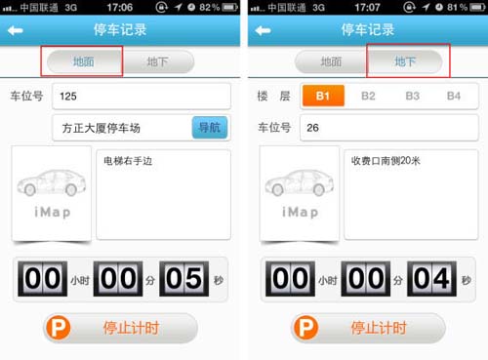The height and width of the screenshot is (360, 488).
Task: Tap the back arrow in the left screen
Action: pyautogui.click(x=16, y=30)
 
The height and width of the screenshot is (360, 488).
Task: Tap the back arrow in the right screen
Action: pyautogui.click(x=263, y=30)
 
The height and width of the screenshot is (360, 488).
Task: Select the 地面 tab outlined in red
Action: pyautogui.click(x=84, y=61)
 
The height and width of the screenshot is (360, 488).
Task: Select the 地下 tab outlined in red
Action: pyautogui.click(x=405, y=61)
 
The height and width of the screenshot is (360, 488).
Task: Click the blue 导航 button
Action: pyautogui.click(x=210, y=128)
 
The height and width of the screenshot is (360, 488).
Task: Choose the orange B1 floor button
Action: pyautogui.click(x=323, y=96)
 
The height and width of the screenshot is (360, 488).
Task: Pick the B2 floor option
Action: pyautogui.click(x=368, y=96)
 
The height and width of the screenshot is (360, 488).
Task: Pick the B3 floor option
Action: pyautogui.click(x=413, y=96)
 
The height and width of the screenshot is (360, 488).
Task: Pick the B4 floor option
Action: pyautogui.click(x=454, y=96)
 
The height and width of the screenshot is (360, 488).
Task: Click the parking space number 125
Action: pyautogui.click(x=68, y=97)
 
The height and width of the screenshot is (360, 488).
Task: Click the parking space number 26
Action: pyautogui.click(x=312, y=128)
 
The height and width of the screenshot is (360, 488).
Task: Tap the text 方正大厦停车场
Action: pyautogui.click(x=102, y=128)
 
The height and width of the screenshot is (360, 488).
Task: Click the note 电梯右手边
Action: pyautogui.click(x=128, y=161)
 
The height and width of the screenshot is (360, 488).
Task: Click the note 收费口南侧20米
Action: pyautogui.click(x=386, y=161)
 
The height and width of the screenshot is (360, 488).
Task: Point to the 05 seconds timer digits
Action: pyautogui.click(x=183, y=279)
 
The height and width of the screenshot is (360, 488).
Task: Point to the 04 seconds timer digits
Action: pyautogui.click(x=431, y=279)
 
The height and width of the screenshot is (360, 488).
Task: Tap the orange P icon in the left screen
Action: pyautogui.click(x=59, y=328)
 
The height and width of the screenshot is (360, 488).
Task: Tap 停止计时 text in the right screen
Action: pyautogui.click(x=379, y=328)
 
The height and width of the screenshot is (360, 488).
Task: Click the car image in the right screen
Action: pyautogui.click(x=300, y=183)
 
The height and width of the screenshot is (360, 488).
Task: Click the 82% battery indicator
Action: pyautogui.click(x=219, y=7)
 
